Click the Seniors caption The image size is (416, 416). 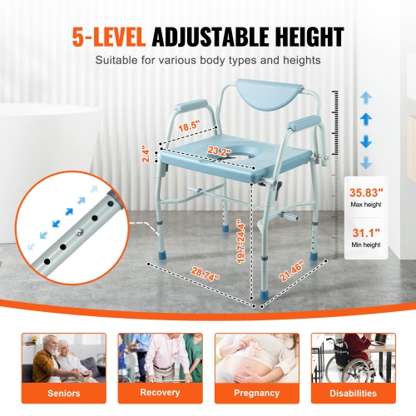click(x=64, y=393)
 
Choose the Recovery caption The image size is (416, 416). click(x=159, y=393)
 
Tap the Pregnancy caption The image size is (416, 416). click(x=255, y=393)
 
